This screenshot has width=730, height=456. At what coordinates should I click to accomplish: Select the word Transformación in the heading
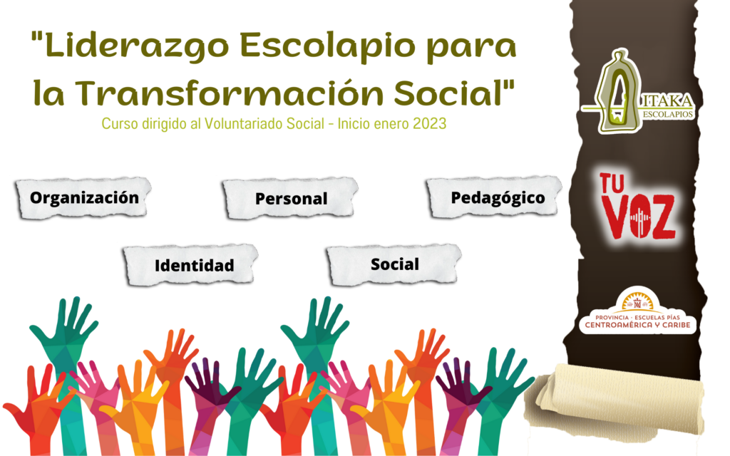tap(229, 93)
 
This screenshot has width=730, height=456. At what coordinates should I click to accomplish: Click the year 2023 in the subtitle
tap(429, 124)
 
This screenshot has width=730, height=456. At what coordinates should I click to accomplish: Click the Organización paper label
tap(84, 198)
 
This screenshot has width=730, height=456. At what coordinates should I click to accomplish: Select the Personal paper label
tap(291, 198)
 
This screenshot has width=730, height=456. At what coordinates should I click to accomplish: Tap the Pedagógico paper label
tap(495, 197)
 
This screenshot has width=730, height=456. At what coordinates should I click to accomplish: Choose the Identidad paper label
tap(191, 265)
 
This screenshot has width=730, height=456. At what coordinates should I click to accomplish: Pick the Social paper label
tap(394, 264)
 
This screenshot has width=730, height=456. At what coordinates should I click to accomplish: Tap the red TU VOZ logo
tap(637, 207)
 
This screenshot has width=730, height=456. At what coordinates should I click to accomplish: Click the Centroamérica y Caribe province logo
tap(637, 311)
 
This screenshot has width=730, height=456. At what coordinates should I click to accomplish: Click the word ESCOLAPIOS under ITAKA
tap(668, 115)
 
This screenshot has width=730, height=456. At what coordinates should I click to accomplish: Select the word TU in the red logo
tap(612, 183)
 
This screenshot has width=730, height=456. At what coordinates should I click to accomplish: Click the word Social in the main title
tap(449, 93)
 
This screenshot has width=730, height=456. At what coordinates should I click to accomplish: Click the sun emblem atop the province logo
tap(637, 301)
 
